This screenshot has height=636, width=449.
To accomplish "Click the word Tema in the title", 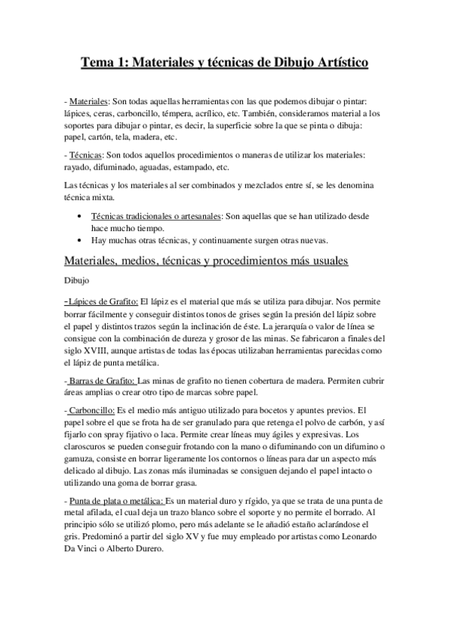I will (98, 64).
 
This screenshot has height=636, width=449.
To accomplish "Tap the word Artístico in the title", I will (336, 64).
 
